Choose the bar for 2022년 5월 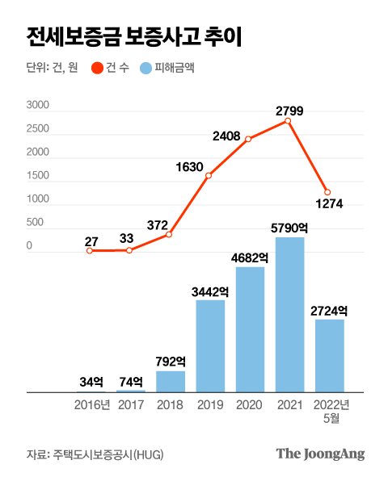329,356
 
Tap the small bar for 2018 170,382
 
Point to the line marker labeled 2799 288,121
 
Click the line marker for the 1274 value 327,192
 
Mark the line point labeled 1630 209,175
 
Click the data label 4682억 250,257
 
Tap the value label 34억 91,381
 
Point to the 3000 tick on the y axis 38,106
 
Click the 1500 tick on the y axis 38,175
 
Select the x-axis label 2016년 91,404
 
